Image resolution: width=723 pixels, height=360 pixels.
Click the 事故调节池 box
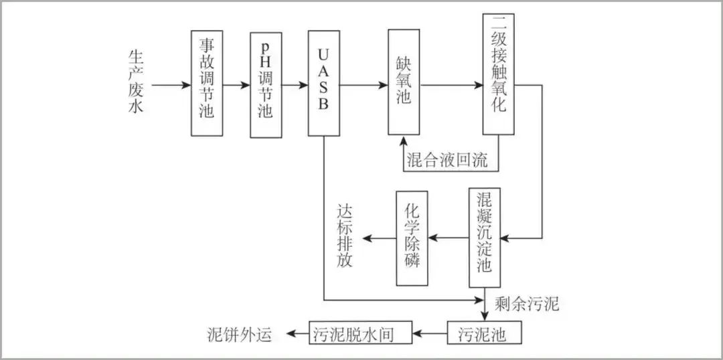click(206, 83)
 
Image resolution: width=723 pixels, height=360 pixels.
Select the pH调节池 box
click(266, 84)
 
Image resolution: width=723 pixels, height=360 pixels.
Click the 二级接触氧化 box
click(498, 74)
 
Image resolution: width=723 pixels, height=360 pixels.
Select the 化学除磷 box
click(412, 238)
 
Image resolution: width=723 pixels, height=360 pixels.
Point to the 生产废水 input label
click(136, 85)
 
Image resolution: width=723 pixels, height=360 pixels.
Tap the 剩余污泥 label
click(527, 304)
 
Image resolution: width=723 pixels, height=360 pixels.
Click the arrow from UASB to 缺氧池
click(364, 86)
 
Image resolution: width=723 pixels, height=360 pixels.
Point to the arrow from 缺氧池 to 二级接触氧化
click(452, 86)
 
